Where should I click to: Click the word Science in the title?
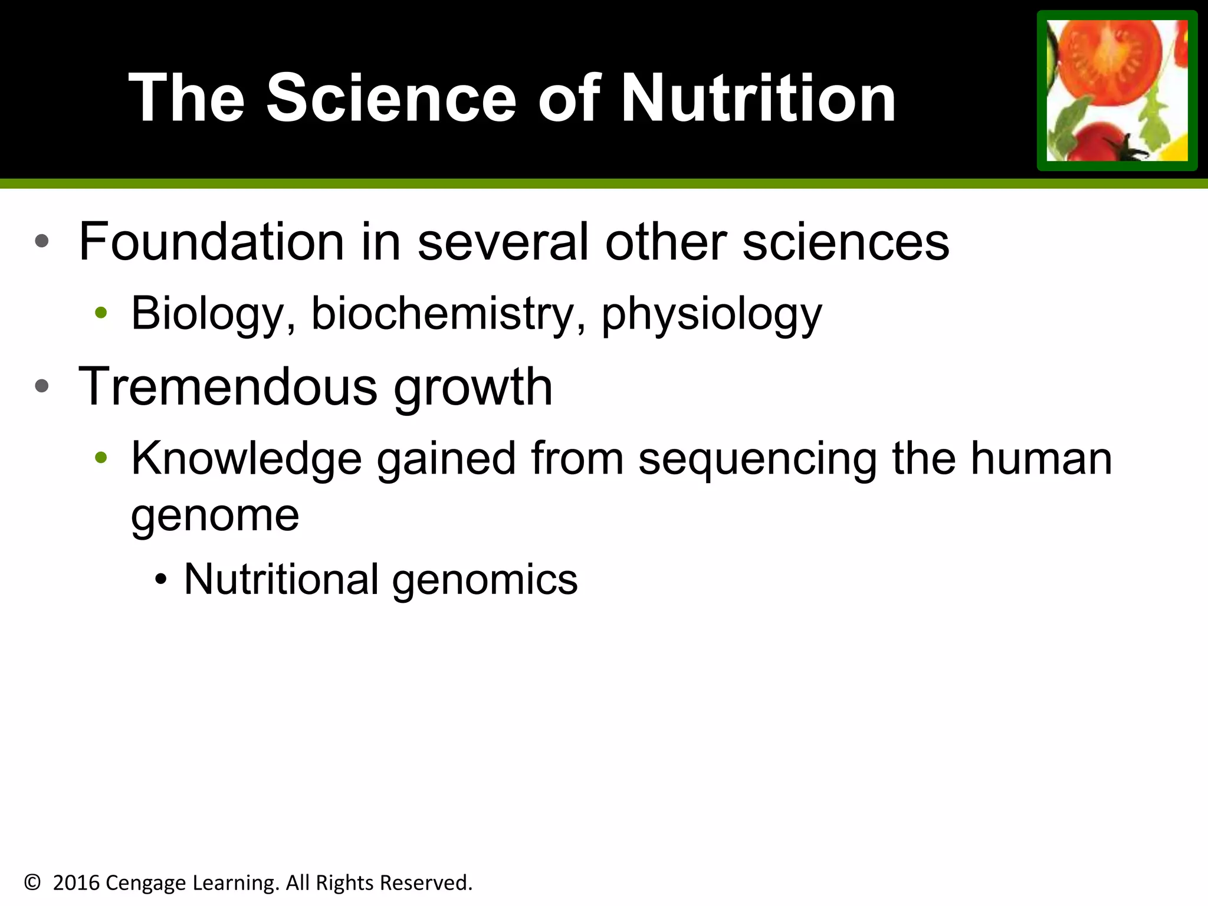coord(391,98)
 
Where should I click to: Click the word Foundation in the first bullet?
coord(211,241)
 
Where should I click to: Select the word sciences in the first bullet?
coord(845,241)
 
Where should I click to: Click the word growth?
coord(473,388)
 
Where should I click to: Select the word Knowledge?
coord(246,458)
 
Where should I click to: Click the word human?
coord(1041,458)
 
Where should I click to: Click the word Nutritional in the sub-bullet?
coord(281,579)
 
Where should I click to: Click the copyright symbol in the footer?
coord(32,882)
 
